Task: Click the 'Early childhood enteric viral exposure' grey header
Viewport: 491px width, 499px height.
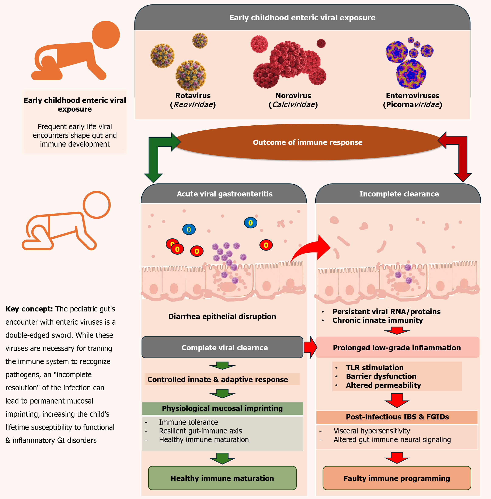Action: tap(302, 18)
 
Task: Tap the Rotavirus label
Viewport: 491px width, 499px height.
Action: tap(193, 96)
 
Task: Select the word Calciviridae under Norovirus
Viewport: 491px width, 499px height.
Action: tap(293, 105)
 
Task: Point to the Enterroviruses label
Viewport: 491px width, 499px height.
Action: tap(412, 96)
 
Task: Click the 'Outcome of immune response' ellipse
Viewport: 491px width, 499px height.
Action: tap(307, 142)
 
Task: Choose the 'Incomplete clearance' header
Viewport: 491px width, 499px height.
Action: tap(399, 194)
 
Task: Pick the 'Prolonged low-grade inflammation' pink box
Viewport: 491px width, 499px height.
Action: tap(397, 348)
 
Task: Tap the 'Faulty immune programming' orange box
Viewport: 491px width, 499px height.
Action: tap(397, 478)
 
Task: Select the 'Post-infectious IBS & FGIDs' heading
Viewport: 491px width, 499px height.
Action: tap(397, 417)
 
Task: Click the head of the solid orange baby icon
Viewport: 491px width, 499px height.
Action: tap(106, 35)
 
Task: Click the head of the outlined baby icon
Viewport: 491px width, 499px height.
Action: tap(97, 205)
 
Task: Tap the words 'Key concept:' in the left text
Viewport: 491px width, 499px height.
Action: tap(29, 309)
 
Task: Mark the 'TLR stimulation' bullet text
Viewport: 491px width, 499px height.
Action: tap(375, 368)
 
